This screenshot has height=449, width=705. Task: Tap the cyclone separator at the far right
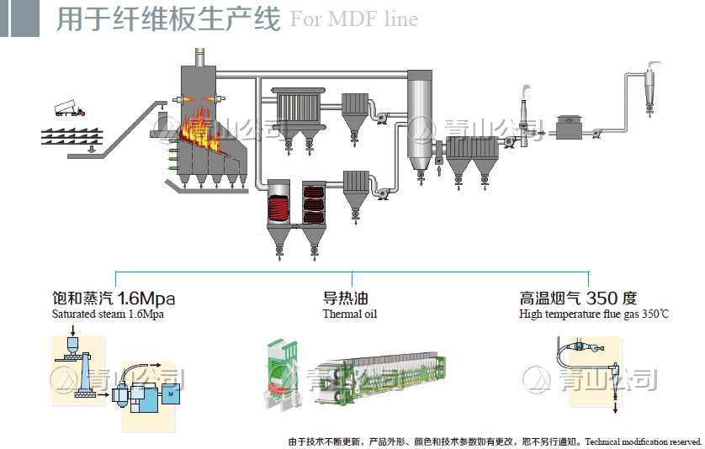[652, 84]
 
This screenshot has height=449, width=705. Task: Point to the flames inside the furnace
[202, 126]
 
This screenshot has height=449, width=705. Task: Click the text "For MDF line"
[353, 18]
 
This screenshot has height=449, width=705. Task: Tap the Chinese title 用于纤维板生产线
[168, 18]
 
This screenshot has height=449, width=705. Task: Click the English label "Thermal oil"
[350, 314]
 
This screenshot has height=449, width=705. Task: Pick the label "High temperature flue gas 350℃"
[594, 314]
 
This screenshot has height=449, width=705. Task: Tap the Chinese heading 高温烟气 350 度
[578, 298]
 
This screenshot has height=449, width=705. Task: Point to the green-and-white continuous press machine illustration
[370, 378]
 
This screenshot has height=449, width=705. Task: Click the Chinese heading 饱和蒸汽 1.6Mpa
[114, 298]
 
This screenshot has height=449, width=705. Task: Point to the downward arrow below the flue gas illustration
[615, 405]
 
